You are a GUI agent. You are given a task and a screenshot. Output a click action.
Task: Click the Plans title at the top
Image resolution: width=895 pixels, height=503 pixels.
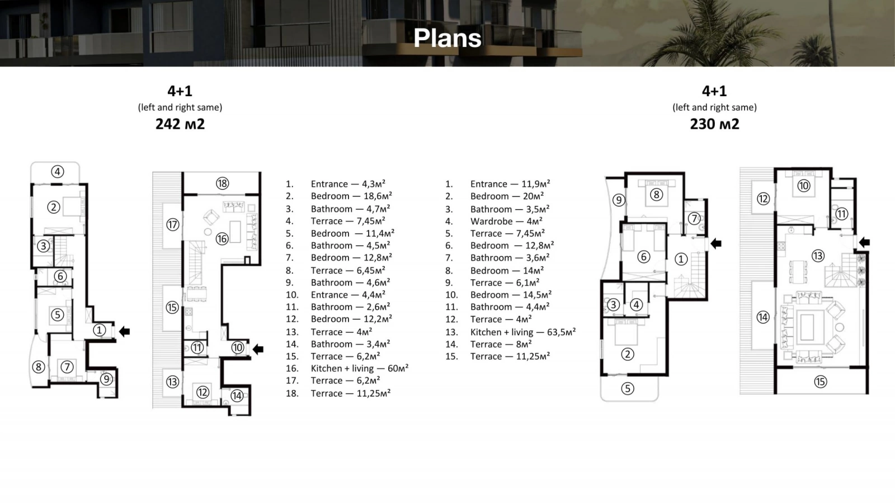coord(447,39)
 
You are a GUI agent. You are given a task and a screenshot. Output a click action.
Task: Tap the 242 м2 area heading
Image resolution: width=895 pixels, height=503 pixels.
coord(180,124)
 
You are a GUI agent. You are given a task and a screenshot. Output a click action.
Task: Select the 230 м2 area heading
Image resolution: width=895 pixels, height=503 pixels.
coord(714,124)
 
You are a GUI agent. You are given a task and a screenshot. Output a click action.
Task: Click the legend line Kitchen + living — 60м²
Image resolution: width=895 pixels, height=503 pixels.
coord(360,368)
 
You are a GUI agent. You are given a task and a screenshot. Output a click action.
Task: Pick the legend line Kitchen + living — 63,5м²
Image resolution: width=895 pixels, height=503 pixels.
coord(523,332)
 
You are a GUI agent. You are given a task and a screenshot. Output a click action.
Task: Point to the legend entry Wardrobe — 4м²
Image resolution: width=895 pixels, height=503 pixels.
coord(506,221)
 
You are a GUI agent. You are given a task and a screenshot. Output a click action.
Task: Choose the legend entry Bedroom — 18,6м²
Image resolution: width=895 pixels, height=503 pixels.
coord(351,196)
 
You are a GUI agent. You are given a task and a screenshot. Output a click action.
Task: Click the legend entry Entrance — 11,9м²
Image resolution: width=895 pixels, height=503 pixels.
coord(510,184)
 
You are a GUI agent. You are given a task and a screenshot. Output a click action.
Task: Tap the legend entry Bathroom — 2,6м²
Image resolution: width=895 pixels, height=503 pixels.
coord(350,307)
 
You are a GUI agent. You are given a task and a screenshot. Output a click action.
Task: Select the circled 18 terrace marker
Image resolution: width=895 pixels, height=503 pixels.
coord(223,184)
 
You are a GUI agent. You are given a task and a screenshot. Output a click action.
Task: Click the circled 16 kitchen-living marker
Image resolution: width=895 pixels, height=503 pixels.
coord(222,239)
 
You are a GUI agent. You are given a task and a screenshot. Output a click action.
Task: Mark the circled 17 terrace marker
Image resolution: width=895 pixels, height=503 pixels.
coord(172,224)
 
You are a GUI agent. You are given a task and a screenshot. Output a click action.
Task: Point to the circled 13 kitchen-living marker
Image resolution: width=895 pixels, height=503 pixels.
coord(818,256)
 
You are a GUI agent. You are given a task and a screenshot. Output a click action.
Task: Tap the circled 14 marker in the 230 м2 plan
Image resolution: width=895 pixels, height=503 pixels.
coord(763,317)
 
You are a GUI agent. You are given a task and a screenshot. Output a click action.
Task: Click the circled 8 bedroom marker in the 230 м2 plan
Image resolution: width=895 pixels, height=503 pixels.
coord(656,195)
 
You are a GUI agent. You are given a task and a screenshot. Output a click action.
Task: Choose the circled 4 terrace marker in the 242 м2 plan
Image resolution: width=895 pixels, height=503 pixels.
coord(58,171)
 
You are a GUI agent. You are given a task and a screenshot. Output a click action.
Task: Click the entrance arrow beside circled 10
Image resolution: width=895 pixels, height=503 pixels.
coord(258,349)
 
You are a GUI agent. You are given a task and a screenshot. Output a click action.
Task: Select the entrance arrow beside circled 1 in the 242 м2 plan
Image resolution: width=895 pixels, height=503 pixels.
coord(124,331)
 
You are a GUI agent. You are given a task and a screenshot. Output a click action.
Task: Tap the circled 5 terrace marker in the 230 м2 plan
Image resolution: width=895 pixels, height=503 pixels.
coord(627,388)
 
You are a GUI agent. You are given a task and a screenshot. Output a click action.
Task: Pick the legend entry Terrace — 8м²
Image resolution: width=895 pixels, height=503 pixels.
coord(501,344)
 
